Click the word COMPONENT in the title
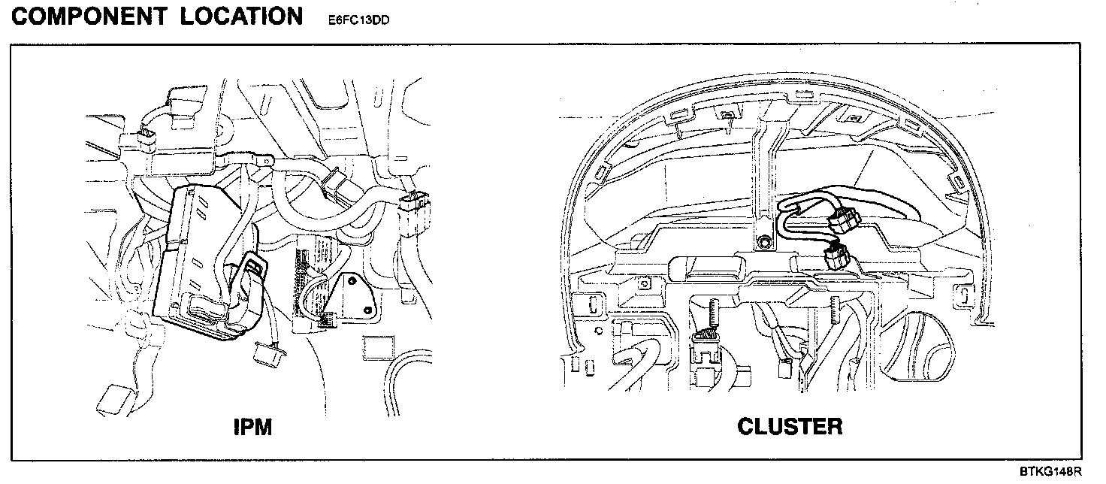click(x=89, y=16)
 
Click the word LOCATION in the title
click(x=241, y=16)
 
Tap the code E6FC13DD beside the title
click(x=358, y=20)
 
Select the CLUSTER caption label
click(x=790, y=427)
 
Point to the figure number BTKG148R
click(x=1050, y=471)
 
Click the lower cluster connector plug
click(x=836, y=258)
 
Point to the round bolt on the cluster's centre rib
click(x=763, y=243)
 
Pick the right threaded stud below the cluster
click(x=835, y=310)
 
